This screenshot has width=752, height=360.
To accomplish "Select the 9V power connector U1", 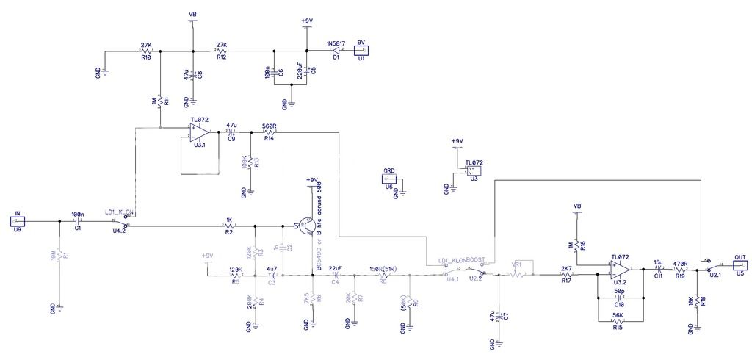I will [361, 50].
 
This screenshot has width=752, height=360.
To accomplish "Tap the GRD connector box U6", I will [389, 179].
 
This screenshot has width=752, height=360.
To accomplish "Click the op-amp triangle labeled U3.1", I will [198, 132].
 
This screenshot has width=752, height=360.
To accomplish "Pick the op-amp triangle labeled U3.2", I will [618, 275].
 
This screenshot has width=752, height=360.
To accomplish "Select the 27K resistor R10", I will [145, 51].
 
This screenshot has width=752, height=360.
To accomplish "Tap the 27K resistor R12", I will [220, 51].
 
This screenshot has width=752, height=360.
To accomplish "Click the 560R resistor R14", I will [268, 132].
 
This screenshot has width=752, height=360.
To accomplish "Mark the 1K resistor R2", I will [229, 226].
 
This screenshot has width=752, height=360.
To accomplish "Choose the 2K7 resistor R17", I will [566, 276].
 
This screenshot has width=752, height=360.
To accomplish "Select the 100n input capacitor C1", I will [78, 220].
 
